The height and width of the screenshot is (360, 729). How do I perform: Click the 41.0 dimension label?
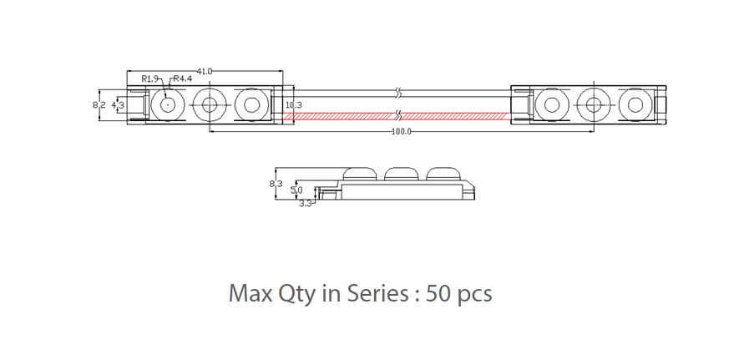pos(205,71)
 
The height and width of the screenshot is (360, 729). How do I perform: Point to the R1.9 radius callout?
pos(150,79)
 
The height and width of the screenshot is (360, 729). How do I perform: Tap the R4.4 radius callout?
pos(182,79)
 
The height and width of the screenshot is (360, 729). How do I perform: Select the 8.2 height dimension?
pos(98,105)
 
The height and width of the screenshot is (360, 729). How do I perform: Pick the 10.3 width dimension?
pos(293,105)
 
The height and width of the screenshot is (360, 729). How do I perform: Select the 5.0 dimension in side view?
pos(296,190)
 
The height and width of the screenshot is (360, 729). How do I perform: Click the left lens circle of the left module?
pos(168,104)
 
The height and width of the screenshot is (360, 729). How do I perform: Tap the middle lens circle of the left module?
pos(209,104)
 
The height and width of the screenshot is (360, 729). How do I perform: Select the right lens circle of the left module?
pos(251,104)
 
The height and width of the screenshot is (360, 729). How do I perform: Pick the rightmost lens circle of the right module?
pos(635,104)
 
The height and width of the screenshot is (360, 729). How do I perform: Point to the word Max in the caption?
pos(248,294)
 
